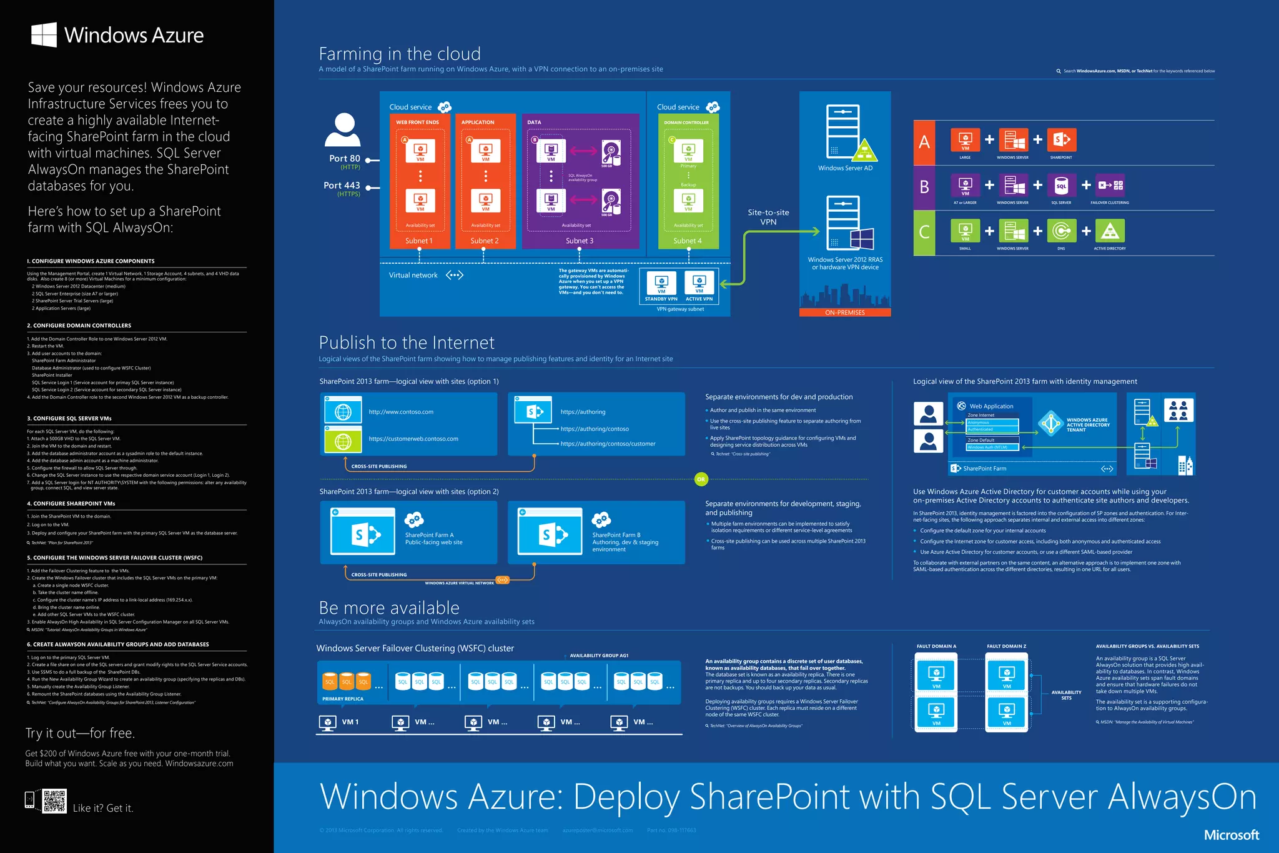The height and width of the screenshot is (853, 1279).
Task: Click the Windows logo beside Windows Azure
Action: (x=44, y=35)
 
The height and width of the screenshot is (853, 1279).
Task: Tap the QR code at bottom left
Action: (x=54, y=801)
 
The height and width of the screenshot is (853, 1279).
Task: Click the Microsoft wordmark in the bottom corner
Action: (x=1232, y=835)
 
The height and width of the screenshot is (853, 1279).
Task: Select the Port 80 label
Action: (x=345, y=159)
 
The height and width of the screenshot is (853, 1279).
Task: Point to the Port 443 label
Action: (x=342, y=186)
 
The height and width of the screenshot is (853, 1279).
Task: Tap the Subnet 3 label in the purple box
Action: (x=580, y=241)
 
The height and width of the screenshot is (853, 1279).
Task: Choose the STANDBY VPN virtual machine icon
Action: (x=661, y=283)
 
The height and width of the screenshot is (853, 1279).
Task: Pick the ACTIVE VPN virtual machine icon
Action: (x=699, y=283)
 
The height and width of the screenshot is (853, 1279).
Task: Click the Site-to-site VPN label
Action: (x=768, y=217)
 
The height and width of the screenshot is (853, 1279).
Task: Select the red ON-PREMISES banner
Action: (x=845, y=312)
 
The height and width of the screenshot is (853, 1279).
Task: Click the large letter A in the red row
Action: (x=924, y=142)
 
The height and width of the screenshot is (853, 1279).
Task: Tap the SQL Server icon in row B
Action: (x=1061, y=186)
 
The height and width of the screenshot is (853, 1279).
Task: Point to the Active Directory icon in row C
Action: (x=1110, y=231)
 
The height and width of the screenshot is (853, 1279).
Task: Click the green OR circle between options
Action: (x=701, y=479)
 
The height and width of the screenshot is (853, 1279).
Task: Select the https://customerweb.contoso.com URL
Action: (x=413, y=439)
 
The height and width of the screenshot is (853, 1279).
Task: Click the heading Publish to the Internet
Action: (x=407, y=342)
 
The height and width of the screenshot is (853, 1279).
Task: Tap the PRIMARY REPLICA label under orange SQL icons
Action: (x=343, y=699)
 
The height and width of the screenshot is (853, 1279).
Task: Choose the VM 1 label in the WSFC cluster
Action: (x=350, y=722)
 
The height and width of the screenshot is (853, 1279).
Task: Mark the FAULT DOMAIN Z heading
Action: (x=1006, y=646)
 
